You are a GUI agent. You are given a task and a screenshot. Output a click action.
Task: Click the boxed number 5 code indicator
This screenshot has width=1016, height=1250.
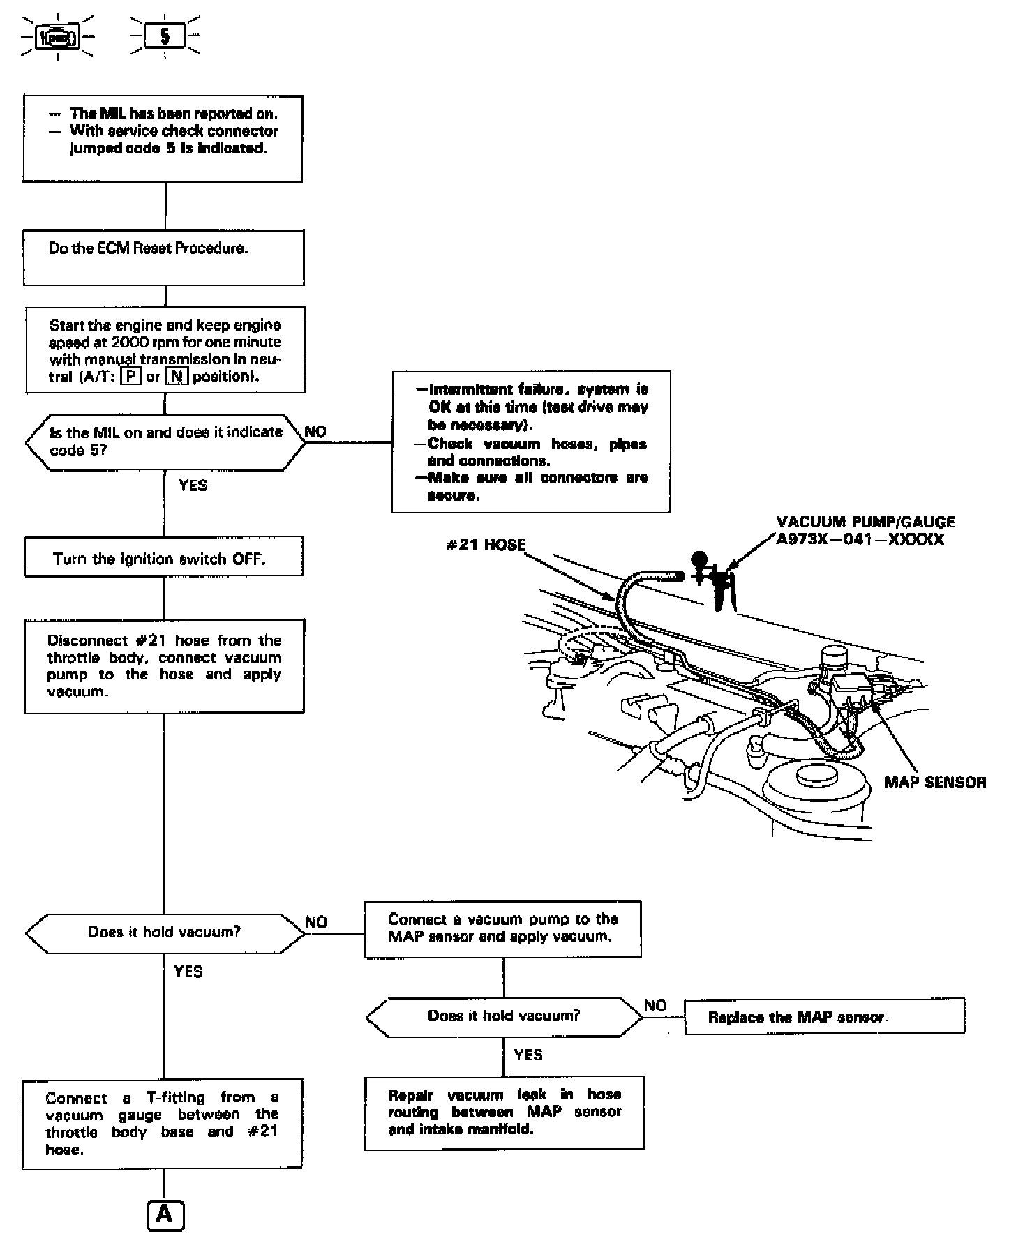[165, 36]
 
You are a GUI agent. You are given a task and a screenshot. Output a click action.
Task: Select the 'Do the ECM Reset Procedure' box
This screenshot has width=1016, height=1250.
[164, 258]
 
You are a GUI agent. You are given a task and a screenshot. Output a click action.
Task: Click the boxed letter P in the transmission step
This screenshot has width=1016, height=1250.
[130, 377]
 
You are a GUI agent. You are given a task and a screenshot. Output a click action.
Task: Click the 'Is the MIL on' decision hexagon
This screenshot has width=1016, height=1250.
[165, 442]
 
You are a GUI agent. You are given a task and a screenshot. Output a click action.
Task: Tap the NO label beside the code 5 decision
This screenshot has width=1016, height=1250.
[315, 432]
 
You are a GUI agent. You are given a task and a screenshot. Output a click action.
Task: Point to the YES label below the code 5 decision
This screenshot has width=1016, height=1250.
[193, 485]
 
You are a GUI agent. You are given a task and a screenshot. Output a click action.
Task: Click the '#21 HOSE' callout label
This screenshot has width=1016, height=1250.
[486, 545]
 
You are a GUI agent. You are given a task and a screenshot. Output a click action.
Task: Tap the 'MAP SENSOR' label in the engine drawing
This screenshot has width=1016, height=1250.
[935, 782]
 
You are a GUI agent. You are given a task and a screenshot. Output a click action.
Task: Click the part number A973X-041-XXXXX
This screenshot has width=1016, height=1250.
[860, 540]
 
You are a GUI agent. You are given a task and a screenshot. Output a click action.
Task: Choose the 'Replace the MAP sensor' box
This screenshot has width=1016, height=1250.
[824, 1016]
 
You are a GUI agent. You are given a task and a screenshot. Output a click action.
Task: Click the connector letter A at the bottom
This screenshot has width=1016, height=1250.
[165, 1214]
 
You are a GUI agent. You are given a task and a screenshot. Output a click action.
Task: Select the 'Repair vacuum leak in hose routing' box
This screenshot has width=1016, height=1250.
[504, 1112]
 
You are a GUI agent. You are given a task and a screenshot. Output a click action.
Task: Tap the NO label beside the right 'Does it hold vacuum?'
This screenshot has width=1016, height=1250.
[655, 1005]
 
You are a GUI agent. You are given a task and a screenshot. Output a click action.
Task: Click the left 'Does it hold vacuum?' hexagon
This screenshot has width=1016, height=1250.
[165, 933]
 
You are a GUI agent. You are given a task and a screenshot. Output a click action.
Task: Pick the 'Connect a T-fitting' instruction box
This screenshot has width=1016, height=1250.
[163, 1124]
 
